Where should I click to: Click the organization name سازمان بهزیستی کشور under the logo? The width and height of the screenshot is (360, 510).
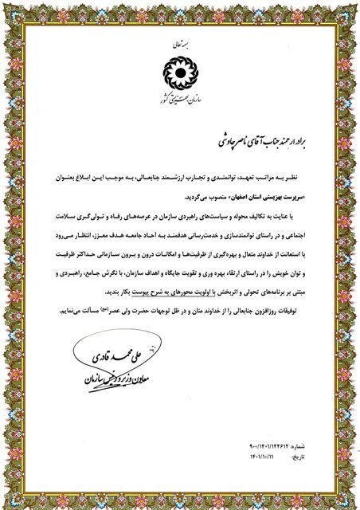click(181, 95)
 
